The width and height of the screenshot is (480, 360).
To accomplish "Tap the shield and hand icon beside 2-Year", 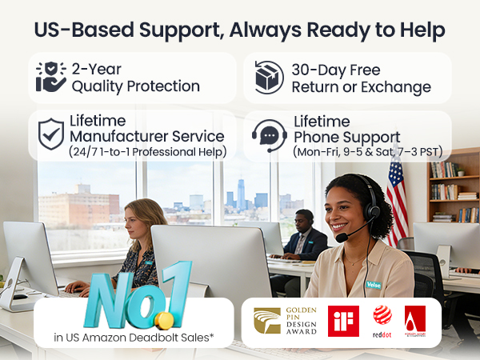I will pyautogui.click(x=50, y=78).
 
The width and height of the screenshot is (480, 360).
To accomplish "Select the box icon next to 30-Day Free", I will pyautogui.click(x=269, y=78).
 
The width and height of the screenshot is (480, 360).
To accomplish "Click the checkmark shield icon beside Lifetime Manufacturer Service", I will pyautogui.click(x=50, y=134).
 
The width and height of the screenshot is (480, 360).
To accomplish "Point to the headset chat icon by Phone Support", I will pyautogui.click(x=269, y=134).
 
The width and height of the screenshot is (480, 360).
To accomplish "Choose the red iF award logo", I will pyautogui.click(x=343, y=322).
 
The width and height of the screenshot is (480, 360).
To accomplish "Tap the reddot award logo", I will pyautogui.click(x=382, y=322).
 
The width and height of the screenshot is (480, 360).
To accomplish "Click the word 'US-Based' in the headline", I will pyautogui.click(x=78, y=30).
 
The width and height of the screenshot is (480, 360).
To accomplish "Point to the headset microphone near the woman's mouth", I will pyautogui.click(x=342, y=238).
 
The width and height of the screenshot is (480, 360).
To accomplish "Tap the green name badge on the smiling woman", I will pyautogui.click(x=374, y=283).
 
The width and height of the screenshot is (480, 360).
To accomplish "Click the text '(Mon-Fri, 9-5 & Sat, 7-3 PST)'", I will pyautogui.click(x=367, y=151).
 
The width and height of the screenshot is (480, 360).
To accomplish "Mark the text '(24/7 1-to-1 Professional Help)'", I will pyautogui.click(x=147, y=151).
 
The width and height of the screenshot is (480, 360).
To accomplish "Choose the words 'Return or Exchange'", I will pyautogui.click(x=361, y=87).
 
